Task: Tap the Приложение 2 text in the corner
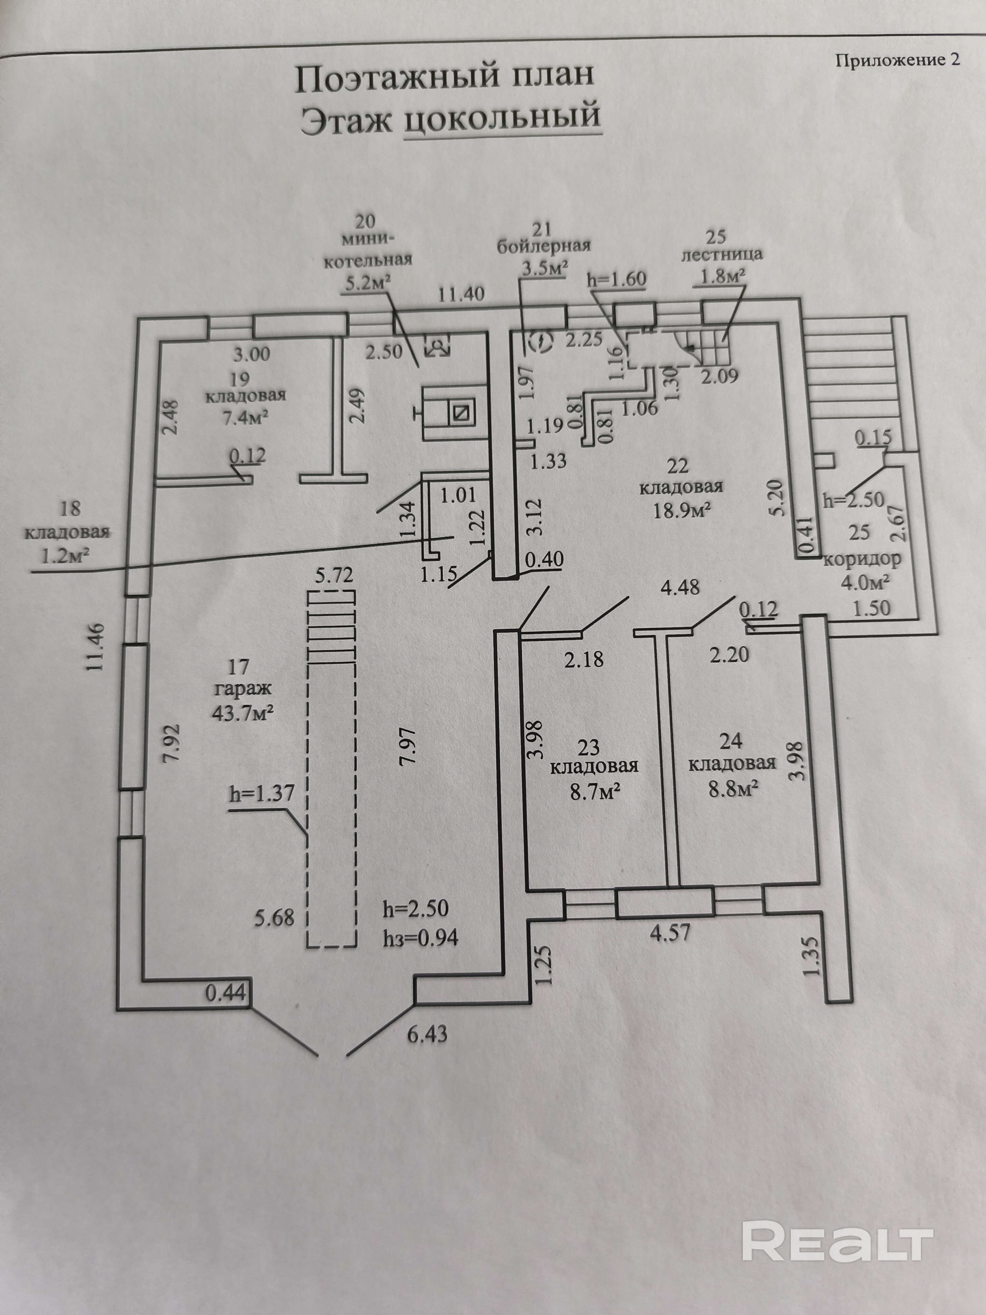(897, 60)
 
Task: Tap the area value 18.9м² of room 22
(682, 510)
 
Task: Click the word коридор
(861, 560)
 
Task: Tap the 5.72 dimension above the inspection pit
(334, 575)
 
